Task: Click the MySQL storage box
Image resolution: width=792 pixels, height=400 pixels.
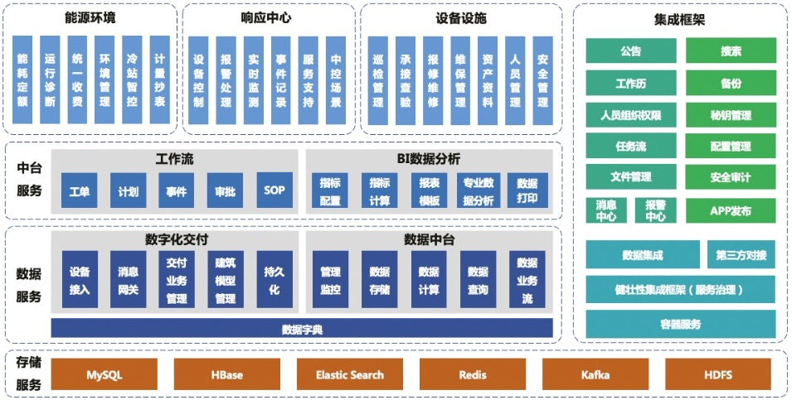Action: click(104, 374)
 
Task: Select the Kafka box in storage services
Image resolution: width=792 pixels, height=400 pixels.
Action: click(595, 374)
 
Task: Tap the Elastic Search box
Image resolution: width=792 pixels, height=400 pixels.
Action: click(350, 374)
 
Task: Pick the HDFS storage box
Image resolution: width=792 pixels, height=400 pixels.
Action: click(718, 374)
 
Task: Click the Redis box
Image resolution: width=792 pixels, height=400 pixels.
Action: click(473, 374)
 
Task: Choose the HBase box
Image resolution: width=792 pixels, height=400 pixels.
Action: click(227, 374)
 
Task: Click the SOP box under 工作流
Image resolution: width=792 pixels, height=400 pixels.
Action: click(275, 190)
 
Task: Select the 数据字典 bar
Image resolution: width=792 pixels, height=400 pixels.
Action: click(302, 329)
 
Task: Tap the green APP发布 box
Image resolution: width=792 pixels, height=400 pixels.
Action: click(731, 210)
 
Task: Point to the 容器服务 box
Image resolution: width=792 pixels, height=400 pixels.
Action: click(681, 323)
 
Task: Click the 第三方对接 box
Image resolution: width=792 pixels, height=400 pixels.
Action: click(741, 254)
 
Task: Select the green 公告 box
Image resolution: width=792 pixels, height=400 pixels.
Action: click(631, 51)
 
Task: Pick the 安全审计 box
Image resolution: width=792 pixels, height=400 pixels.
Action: click(731, 176)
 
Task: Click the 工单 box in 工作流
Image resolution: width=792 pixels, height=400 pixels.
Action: click(80, 190)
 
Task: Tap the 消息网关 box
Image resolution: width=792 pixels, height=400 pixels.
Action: click(129, 280)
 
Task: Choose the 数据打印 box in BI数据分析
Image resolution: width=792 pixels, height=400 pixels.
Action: click(527, 190)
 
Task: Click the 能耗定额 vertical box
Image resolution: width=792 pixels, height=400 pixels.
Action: click(22, 80)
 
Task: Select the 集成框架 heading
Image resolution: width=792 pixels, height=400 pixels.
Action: click(680, 20)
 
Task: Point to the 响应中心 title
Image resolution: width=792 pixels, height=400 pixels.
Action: click(266, 17)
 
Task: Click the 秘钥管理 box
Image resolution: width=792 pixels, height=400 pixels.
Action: click(731, 114)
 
